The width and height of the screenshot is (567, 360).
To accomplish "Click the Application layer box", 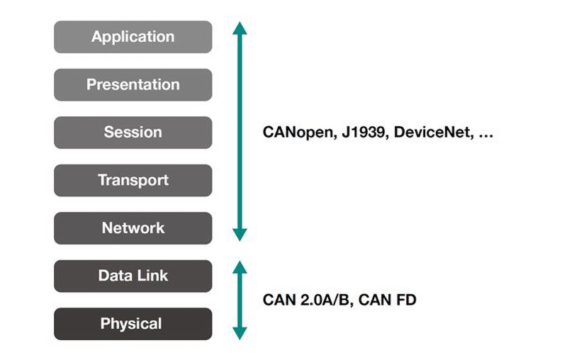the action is pyautogui.click(x=133, y=37).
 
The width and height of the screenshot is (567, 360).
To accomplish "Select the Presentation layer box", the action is pyautogui.click(x=133, y=84).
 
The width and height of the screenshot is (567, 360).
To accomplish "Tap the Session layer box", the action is pyautogui.click(x=133, y=133).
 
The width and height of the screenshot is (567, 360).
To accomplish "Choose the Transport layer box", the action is pyautogui.click(x=133, y=181).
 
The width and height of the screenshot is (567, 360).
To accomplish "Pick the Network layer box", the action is pyautogui.click(x=133, y=228).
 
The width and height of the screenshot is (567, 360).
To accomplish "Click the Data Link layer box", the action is pyautogui.click(x=133, y=276).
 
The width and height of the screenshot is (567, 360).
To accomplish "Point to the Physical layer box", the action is pyautogui.click(x=133, y=324).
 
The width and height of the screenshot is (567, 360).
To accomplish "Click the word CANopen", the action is pyautogui.click(x=299, y=133).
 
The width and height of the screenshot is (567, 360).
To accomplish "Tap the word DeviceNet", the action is pyautogui.click(x=434, y=133).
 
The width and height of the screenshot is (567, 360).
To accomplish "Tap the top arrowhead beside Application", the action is pyautogui.click(x=240, y=28).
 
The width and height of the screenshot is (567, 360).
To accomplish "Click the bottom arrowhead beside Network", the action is pyautogui.click(x=240, y=235).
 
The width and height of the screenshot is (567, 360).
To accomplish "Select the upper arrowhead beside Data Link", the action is pyautogui.click(x=240, y=267).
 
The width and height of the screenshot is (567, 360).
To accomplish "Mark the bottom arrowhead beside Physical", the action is pyautogui.click(x=240, y=333).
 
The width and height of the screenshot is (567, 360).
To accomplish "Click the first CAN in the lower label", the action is pyautogui.click(x=279, y=300).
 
